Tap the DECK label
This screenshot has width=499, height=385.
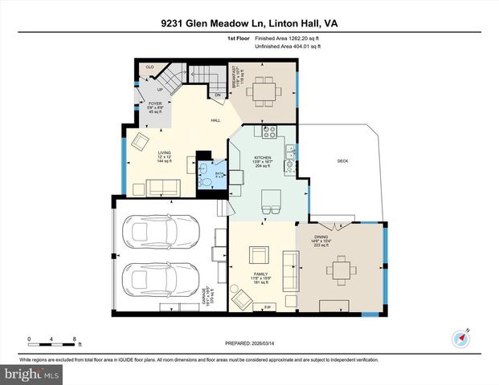342,161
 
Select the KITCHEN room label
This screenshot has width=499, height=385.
263,158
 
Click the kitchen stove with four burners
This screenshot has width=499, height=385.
268,131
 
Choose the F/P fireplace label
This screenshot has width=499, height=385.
267,307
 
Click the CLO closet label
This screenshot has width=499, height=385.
149,67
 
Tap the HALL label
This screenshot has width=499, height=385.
215,120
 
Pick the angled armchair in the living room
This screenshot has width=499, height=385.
140,143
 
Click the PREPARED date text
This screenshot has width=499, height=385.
250,343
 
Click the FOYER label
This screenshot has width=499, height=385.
155,104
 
